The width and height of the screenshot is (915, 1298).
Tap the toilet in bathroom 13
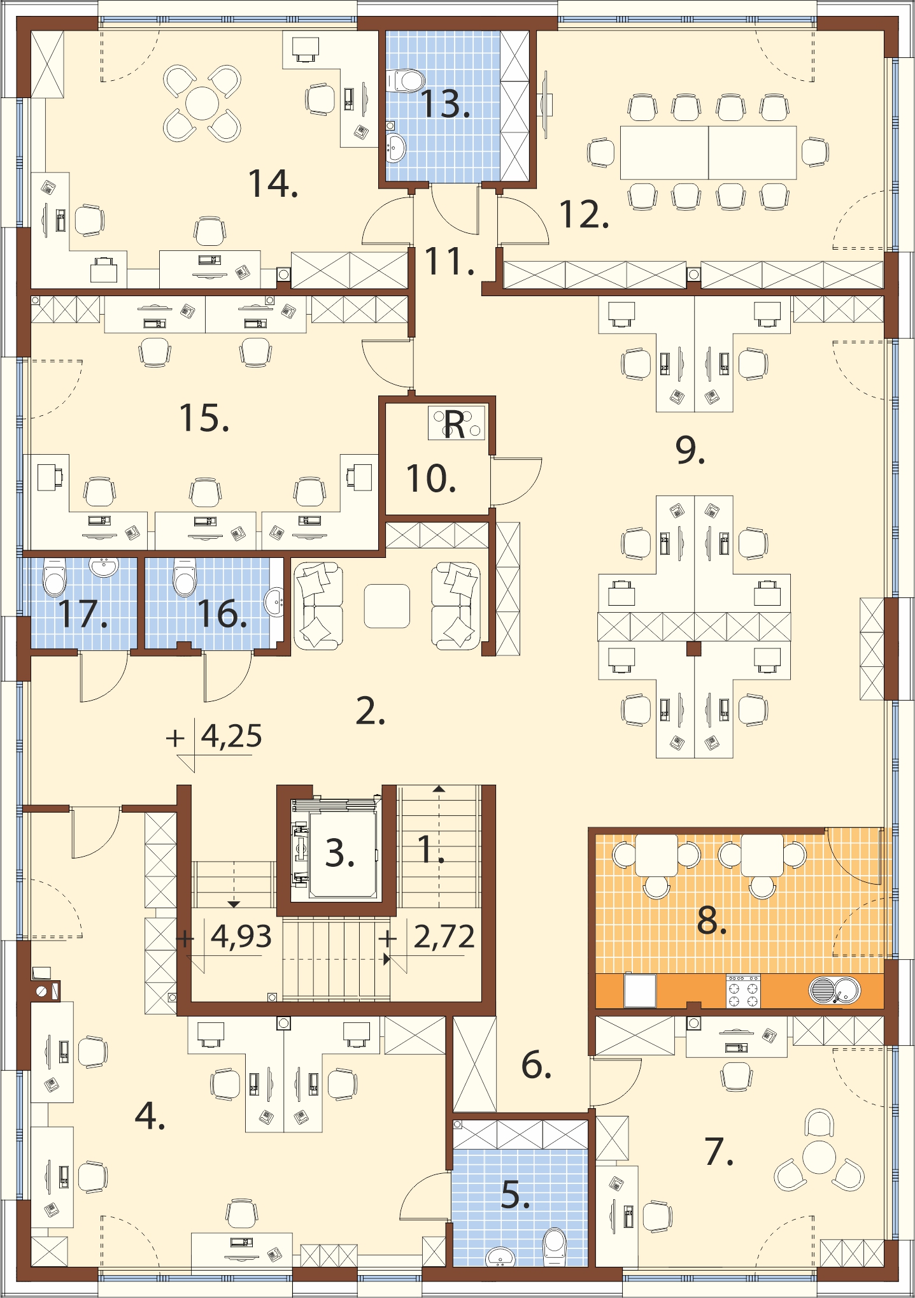pyautogui.click(x=405, y=80)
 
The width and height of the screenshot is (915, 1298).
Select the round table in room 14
pyautogui.click(x=202, y=103)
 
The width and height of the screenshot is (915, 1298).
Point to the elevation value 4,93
pyautogui.click(x=241, y=936)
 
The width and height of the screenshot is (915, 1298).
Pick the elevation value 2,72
pyautogui.click(x=444, y=936)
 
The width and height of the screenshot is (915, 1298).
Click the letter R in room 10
pyautogui.click(x=454, y=424)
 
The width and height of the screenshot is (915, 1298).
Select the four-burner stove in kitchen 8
pyautogui.click(x=743, y=991)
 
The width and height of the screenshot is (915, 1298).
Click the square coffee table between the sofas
pyautogui.click(x=387, y=606)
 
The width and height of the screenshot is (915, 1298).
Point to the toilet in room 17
pyautogui.click(x=55, y=576)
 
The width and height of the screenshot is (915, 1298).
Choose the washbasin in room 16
pyautogui.click(x=275, y=602)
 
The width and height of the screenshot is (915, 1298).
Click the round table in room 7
pyautogui.click(x=819, y=1157)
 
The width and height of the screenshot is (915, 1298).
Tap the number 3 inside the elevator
pyautogui.click(x=339, y=853)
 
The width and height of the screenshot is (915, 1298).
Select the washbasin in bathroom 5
pyautogui.click(x=500, y=1257)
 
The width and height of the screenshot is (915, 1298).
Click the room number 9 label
pyautogui.click(x=690, y=451)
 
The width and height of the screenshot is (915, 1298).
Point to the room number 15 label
pyautogui.click(x=204, y=418)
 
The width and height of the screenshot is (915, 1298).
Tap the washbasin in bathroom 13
pyautogui.click(x=396, y=148)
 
